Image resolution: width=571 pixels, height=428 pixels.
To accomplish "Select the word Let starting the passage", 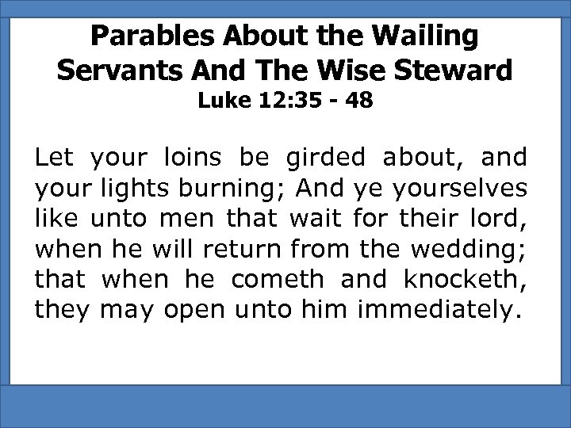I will pyautogui.click(x=53, y=159).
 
